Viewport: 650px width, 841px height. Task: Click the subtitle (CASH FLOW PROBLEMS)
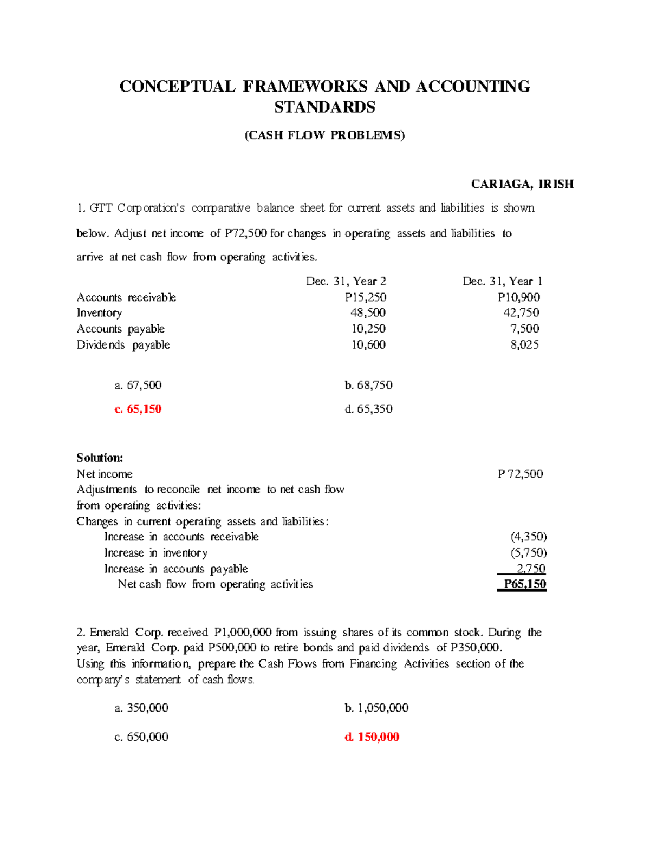coord(324,135)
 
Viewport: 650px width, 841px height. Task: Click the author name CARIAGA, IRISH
coord(522,184)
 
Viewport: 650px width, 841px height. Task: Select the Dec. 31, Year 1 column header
coord(502,281)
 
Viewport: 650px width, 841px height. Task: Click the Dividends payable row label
coord(123,345)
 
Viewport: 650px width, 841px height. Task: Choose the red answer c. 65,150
coord(138,409)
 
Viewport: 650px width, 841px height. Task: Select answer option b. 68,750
coord(368,385)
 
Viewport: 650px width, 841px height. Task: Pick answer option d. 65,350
coord(368,409)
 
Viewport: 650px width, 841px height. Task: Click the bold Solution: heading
coord(100,458)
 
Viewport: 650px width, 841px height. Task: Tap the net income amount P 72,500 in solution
coord(520,474)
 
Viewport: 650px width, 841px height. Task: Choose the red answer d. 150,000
coord(372,736)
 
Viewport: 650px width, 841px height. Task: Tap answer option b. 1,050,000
coord(376,708)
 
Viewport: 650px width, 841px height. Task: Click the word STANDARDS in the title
coord(324,107)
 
